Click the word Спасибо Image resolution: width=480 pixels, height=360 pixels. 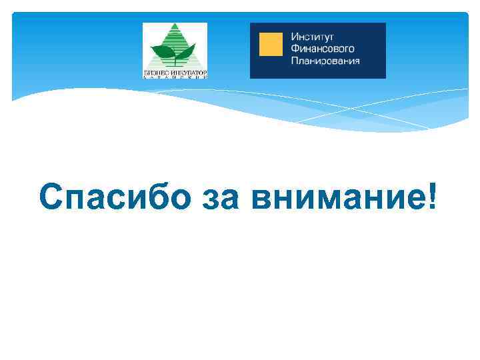coord(108,198)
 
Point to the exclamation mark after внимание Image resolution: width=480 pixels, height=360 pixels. coord(434,196)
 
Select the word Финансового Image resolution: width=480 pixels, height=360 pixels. coord(323,49)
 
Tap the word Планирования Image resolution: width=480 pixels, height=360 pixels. coord(325,61)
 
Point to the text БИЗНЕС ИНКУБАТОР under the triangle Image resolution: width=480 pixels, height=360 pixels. coord(175,71)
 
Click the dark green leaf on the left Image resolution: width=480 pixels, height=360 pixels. coord(163,51)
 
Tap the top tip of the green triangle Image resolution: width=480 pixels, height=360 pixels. coord(175,25)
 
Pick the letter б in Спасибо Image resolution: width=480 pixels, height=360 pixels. coord(143,197)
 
